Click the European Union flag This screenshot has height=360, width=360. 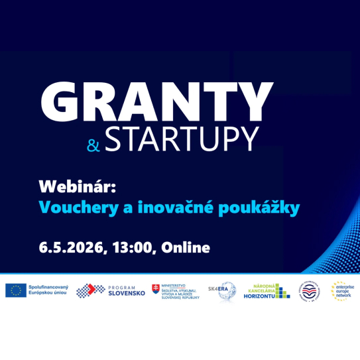pos(15,290)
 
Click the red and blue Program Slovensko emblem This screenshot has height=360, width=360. pos(90,290)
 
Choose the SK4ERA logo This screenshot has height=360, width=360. pos(218,290)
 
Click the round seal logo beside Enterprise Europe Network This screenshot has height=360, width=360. pos(310,290)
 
